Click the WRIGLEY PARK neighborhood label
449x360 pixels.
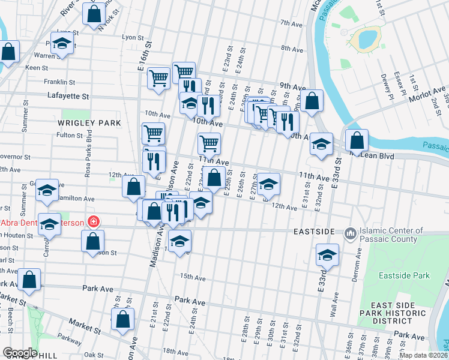click(89, 122)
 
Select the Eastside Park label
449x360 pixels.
click(404, 275)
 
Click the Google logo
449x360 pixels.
click(20, 353)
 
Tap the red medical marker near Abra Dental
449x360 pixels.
click(92, 222)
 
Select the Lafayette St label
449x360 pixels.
click(68, 96)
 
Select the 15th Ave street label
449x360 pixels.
click(193, 278)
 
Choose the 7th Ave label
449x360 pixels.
click(291, 23)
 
